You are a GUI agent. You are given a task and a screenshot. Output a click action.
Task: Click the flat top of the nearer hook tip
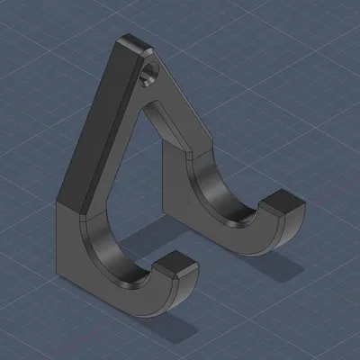tap(175, 263)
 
